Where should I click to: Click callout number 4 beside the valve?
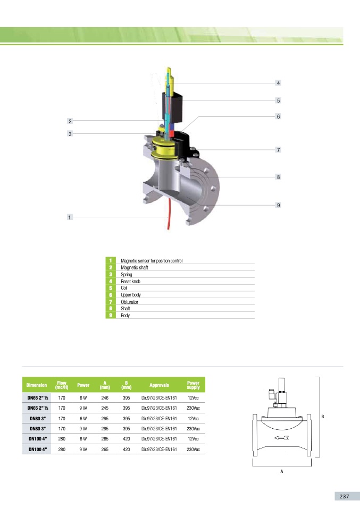pos(278,83)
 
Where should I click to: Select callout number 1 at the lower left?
pos(69,217)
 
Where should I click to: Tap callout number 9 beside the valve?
pos(278,205)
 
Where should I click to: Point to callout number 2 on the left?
pos(69,121)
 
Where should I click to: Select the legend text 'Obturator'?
pos(130,302)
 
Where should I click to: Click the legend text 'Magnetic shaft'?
pos(135,268)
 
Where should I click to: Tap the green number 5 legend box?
pos(111,288)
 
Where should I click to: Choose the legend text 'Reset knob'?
pos(131,281)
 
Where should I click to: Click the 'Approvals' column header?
pos(159,385)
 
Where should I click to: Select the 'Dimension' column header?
pos(37,385)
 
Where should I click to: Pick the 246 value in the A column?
pos(105,397)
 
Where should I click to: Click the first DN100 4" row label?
pos(38,439)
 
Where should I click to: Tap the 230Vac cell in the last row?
pos(193,449)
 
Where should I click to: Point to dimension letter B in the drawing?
pos(322,417)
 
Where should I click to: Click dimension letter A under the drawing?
pos(281,471)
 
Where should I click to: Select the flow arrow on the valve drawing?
pos(281,438)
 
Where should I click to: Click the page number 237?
pos(344,496)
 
